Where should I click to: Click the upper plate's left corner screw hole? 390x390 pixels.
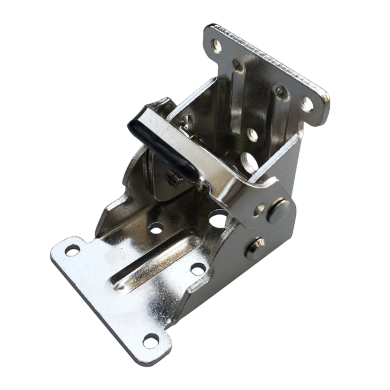coord(217,45)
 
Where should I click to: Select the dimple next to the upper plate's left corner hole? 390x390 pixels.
coord(237,65)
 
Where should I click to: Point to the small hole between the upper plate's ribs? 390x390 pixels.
coord(252,134)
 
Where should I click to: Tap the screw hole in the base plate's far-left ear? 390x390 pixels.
coord(72,250)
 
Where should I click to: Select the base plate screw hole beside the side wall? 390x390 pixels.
coord(197,268)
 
